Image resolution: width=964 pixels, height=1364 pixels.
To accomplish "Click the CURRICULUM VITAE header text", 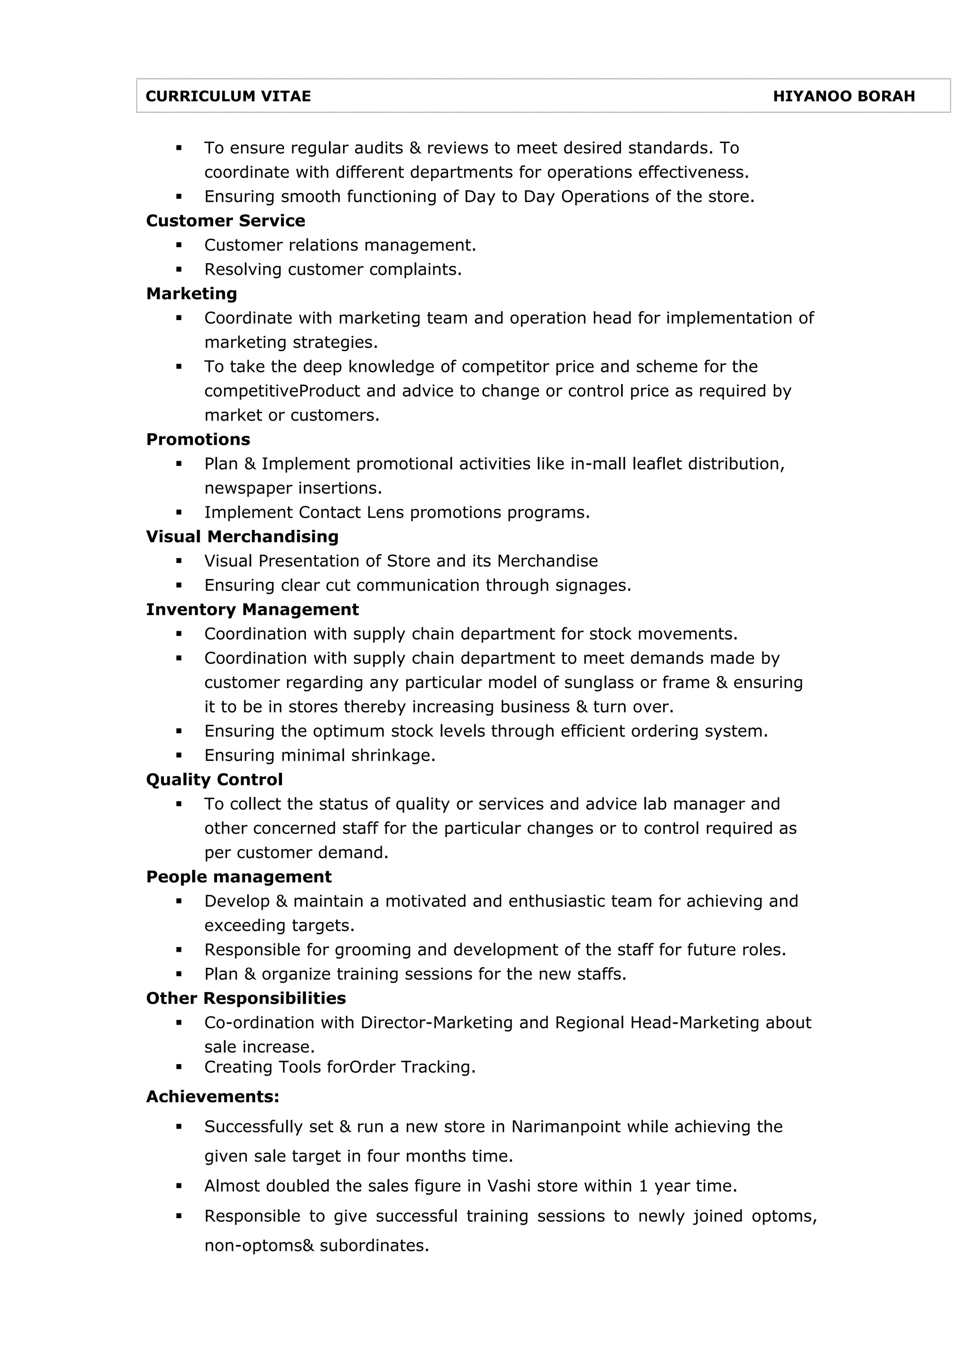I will [228, 96].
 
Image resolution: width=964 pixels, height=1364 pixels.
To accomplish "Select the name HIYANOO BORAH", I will [843, 96].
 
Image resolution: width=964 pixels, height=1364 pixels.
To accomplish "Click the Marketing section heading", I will [191, 294].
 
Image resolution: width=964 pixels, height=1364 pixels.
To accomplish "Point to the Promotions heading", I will [198, 439].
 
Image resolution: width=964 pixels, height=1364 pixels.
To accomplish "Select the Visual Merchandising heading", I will [242, 537].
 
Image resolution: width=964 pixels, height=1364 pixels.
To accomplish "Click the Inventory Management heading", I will [252, 610].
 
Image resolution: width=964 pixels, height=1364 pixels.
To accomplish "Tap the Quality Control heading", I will [215, 779].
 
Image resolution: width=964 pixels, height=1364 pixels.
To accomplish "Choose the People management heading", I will [239, 877].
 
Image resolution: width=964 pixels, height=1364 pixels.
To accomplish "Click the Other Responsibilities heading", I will [246, 998].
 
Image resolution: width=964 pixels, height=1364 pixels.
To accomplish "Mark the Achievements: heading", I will [213, 1096].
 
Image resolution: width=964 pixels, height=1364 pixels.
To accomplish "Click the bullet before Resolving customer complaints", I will [179, 270].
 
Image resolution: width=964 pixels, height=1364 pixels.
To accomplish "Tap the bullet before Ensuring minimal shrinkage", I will [179, 756].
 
